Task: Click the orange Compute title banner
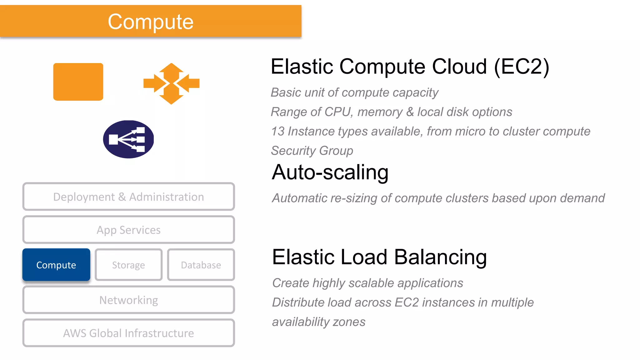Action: tap(151, 21)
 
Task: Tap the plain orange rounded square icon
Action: tap(78, 82)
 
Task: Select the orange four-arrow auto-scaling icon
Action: tap(171, 83)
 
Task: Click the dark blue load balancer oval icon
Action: tap(128, 139)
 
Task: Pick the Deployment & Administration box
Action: tap(128, 197)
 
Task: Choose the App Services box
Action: tap(128, 230)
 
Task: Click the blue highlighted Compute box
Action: tap(56, 265)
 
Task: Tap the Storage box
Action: tap(128, 265)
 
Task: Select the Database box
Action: tap(201, 265)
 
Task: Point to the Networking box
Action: tap(128, 300)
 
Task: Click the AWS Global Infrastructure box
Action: tap(128, 333)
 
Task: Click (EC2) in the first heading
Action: tap(521, 67)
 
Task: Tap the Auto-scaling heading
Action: tap(330, 172)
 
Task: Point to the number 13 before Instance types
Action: tap(277, 132)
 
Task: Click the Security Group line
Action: tap(312, 151)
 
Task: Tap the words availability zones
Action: tap(318, 322)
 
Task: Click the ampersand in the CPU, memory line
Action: tap(410, 112)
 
